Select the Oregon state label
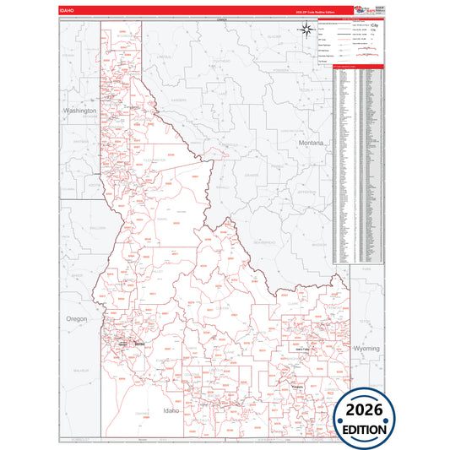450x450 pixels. tap(75, 318)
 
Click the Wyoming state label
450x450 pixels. tap(366, 348)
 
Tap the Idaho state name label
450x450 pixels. tap(171, 410)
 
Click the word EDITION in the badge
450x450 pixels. tap(366, 429)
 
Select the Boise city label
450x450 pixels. tap(140, 344)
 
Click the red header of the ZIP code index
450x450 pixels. tap(359, 66)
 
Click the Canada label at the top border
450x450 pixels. tap(222, 19)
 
